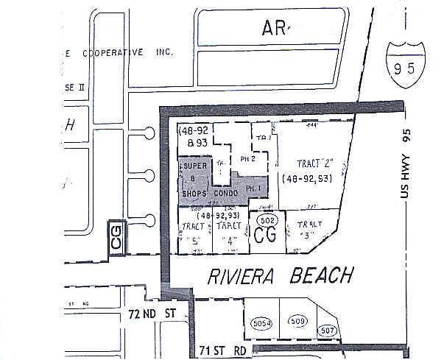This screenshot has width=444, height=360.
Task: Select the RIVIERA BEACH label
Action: pyautogui.click(x=281, y=275)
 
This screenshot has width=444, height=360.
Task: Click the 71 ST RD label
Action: pyautogui.click(x=223, y=349)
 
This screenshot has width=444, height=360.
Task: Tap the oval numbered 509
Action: pyautogui.click(x=297, y=322)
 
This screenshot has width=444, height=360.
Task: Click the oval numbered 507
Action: pyautogui.click(x=328, y=330)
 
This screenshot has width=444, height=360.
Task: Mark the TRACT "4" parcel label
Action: pyautogui.click(x=230, y=231)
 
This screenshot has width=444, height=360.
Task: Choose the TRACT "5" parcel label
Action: pyautogui.click(x=194, y=231)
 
